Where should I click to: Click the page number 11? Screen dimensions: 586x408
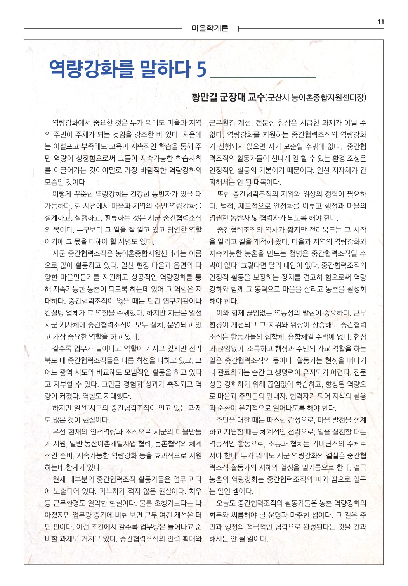(x=380, y=22)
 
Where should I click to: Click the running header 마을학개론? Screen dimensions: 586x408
(x=210, y=28)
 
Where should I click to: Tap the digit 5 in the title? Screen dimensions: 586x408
(x=201, y=69)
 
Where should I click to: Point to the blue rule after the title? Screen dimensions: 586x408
(x=262, y=77)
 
